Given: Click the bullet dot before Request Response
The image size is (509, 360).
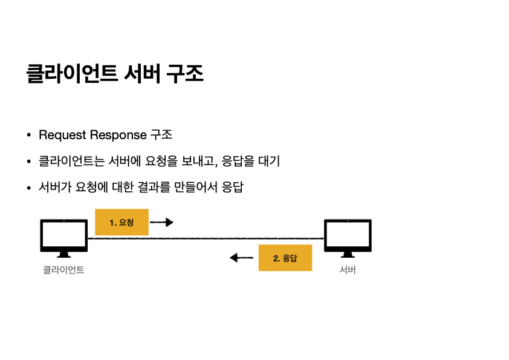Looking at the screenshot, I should (28, 135).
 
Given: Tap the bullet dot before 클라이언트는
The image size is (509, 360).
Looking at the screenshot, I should (28, 162).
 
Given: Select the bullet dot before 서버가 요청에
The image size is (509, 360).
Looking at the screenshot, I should (28, 188).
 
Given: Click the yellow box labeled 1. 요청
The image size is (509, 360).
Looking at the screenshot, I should (122, 222).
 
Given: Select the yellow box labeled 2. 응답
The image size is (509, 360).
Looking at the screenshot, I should (285, 258).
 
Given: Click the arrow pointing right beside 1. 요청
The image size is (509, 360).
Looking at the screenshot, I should (161, 222).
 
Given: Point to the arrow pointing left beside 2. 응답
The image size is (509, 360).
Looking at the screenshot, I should (242, 258).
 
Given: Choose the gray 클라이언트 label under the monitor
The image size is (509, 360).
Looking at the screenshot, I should (63, 270).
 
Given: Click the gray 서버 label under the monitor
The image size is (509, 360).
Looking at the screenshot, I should (348, 270).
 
